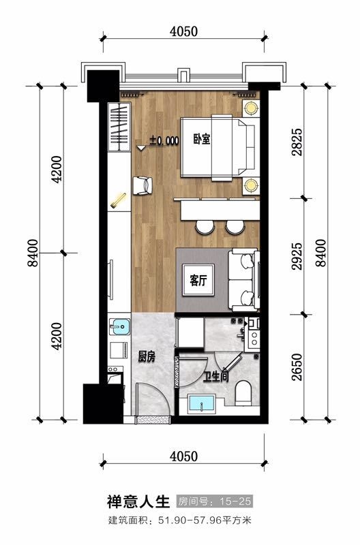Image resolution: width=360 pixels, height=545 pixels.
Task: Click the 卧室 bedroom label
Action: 202,140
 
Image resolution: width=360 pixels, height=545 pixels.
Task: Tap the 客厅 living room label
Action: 198,280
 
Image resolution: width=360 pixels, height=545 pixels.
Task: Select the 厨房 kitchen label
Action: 147,356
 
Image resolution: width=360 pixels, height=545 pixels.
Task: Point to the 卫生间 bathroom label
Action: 216,377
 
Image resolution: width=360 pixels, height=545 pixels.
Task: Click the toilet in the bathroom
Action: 243,393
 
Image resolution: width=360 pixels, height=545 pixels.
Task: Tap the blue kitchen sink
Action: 119,327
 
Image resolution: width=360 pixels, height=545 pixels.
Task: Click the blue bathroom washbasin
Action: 201,404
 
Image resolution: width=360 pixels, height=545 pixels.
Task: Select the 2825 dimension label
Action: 297,142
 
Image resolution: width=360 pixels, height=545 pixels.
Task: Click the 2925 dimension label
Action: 297,257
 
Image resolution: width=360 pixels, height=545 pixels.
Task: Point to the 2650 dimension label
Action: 297,367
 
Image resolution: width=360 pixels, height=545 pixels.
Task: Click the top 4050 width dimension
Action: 183,31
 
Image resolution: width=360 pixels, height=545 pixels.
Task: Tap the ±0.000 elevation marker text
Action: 164,141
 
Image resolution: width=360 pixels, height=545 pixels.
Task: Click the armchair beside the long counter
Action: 142,185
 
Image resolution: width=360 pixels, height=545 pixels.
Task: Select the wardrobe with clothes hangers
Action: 119,127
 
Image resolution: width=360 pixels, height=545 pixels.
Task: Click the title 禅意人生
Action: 138,501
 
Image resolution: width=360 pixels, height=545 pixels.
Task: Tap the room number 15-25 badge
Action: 214,501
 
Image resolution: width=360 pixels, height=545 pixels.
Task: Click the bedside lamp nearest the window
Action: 250,108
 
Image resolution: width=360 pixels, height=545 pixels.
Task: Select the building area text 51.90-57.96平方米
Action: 205,520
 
